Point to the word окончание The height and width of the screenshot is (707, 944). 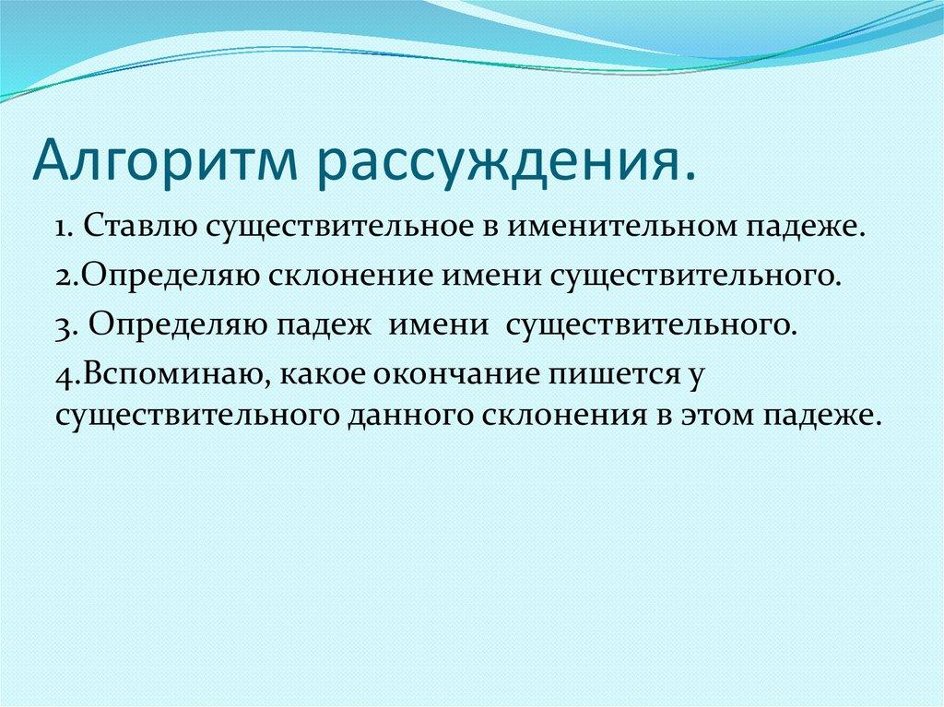(419, 376)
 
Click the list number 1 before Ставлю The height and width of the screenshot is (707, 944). (62, 227)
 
